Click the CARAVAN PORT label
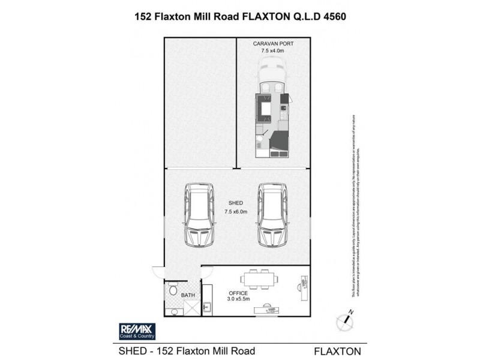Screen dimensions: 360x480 [273, 44]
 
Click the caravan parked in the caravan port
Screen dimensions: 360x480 [273, 117]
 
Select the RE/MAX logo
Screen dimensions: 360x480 [136, 331]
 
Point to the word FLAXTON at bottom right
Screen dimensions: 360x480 [337, 350]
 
